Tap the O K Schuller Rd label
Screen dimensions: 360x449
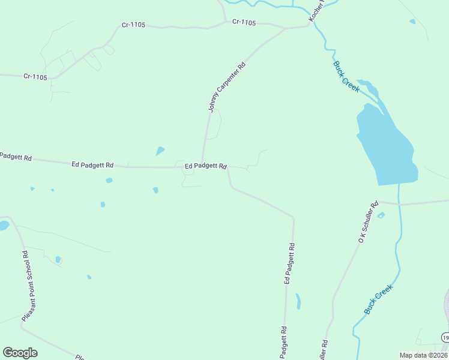[x=368, y=222]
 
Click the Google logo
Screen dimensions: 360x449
[x=20, y=353]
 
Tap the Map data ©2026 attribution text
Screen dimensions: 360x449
[x=423, y=355]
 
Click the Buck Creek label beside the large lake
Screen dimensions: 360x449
[x=346, y=76]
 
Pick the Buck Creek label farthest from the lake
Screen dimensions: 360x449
[x=379, y=299]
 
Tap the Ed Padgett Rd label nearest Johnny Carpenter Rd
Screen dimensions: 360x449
[x=205, y=166]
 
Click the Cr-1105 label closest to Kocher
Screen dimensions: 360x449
[x=244, y=23]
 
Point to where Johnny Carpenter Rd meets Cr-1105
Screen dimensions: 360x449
[x=285, y=28]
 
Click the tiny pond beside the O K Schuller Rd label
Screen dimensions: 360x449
[x=381, y=215]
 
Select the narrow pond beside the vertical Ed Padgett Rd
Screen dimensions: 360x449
[x=298, y=301]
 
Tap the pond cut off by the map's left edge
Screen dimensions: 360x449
[x=3, y=226]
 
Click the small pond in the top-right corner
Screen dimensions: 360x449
[x=412, y=22]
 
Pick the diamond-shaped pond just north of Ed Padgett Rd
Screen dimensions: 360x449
[x=160, y=151]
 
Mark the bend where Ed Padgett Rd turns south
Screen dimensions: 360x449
[x=294, y=217]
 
